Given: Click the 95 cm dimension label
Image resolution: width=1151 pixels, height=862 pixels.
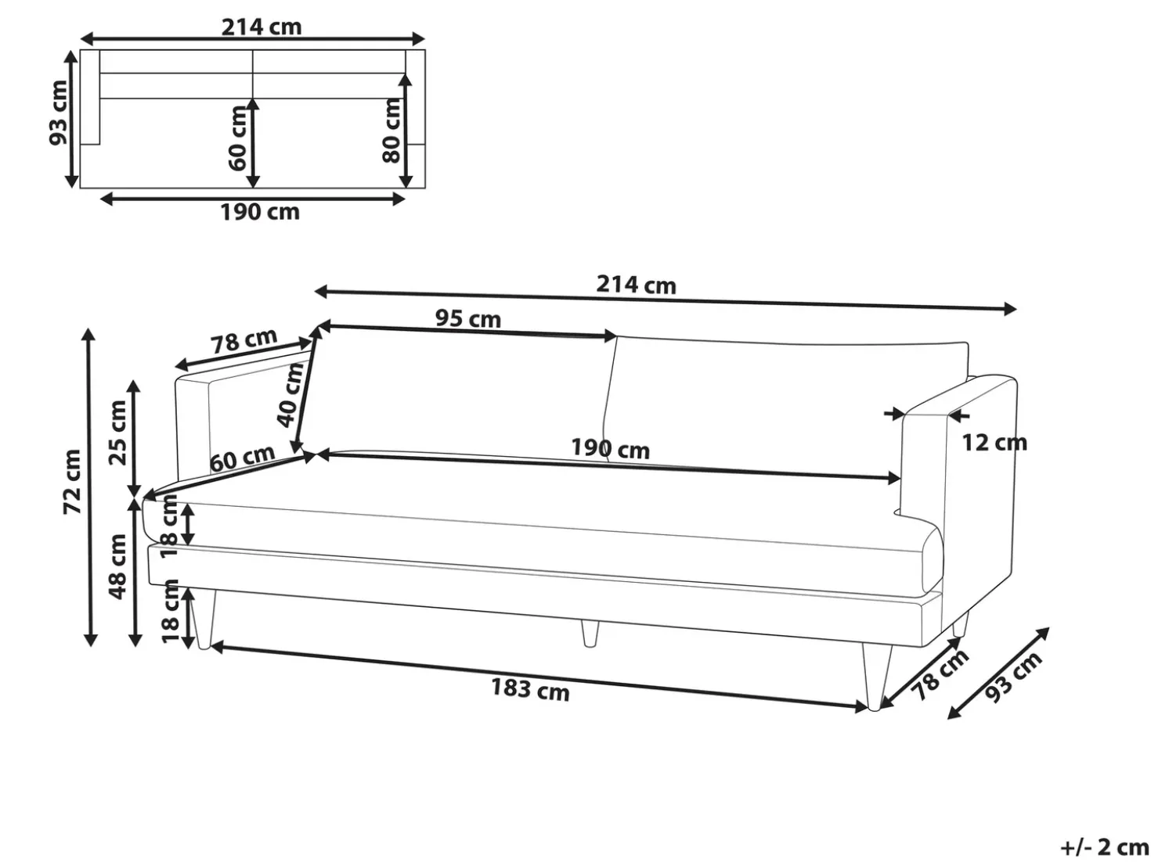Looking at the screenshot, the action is click(467, 318).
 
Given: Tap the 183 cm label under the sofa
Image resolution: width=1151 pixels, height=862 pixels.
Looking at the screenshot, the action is click(530, 689).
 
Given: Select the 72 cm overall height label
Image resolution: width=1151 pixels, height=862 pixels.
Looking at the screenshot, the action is click(72, 481).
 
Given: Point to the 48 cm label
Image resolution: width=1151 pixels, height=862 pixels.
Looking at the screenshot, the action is click(117, 566).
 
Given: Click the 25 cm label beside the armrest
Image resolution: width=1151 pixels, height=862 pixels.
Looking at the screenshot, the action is click(117, 433).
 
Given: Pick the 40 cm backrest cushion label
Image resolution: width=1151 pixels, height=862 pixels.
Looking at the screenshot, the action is click(290, 394).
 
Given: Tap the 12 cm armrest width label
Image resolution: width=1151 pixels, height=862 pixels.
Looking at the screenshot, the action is click(994, 443).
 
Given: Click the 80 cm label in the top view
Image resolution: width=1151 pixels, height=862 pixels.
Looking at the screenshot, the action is click(391, 131).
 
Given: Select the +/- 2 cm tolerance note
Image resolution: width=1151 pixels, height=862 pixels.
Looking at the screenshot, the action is click(1104, 847).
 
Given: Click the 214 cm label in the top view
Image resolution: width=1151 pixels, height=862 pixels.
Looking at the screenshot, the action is click(262, 27).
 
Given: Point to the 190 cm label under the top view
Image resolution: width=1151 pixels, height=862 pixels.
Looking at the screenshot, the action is click(260, 212).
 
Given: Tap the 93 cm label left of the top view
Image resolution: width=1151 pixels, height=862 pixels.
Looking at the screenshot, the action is click(59, 113).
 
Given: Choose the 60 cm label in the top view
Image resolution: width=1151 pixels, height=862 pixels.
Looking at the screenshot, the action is click(238, 138).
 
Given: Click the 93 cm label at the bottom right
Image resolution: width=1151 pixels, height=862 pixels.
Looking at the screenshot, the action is click(1013, 677).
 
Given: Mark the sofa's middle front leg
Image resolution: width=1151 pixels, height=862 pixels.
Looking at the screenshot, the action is click(590, 634).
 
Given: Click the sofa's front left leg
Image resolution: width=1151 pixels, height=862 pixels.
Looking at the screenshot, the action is click(203, 620).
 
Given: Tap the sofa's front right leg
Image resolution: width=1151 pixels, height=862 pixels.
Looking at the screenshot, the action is click(877, 676).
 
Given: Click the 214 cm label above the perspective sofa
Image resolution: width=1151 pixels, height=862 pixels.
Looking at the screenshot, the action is click(636, 285).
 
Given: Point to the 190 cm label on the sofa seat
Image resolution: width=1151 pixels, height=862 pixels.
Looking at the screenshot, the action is click(610, 449).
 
